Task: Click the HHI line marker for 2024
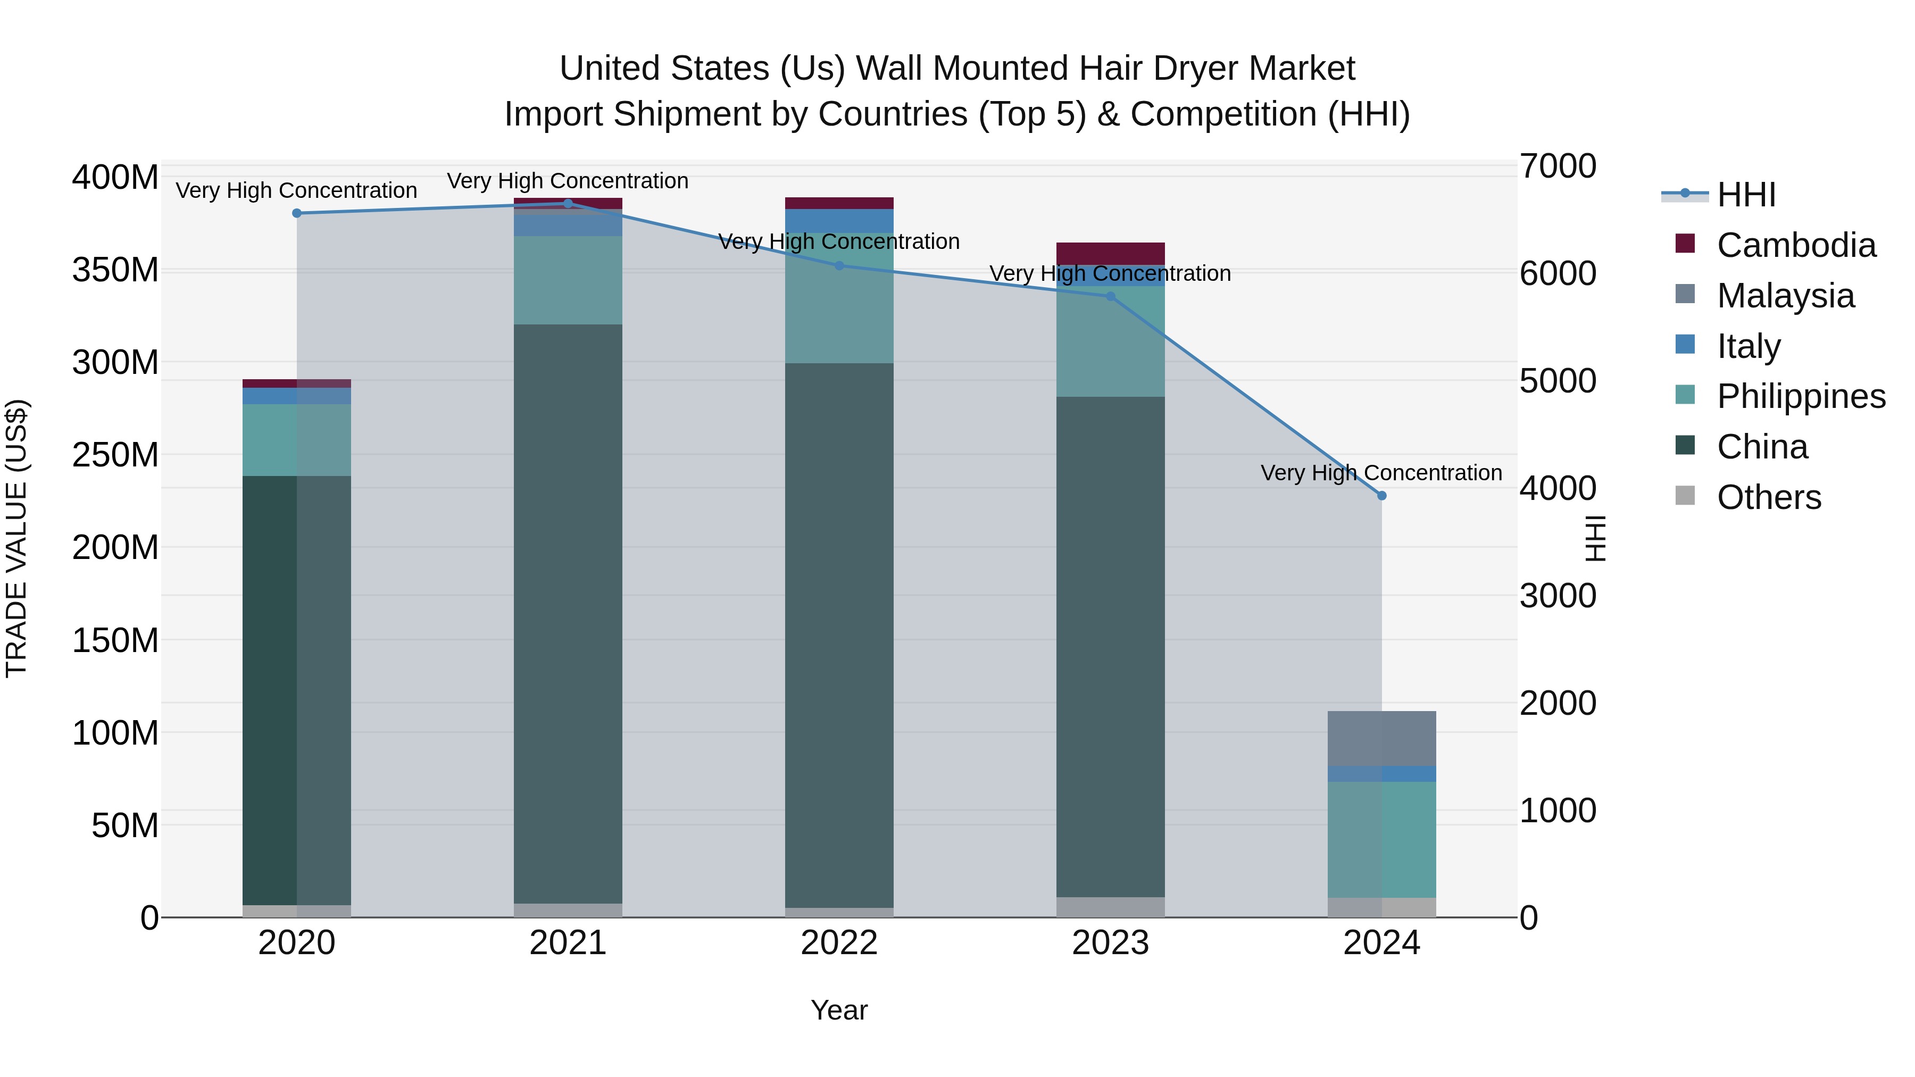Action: pyautogui.click(x=1381, y=496)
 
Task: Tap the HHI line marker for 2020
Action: pyautogui.click(x=297, y=213)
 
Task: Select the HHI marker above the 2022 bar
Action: pyautogui.click(x=839, y=265)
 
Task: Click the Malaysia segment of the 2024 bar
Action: pyautogui.click(x=1381, y=738)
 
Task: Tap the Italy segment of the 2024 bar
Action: pyautogui.click(x=1381, y=774)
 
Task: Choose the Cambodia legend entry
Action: pyautogui.click(x=1795, y=245)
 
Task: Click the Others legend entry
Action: pyautogui.click(x=1768, y=497)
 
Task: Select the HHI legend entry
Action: pyautogui.click(x=1745, y=195)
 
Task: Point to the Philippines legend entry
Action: pyautogui.click(x=1800, y=396)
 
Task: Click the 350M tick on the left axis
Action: pyautogui.click(x=115, y=270)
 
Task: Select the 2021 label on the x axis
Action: pyautogui.click(x=568, y=943)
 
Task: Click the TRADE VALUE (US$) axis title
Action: pyautogui.click(x=16, y=538)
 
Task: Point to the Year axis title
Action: pyautogui.click(x=838, y=1010)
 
